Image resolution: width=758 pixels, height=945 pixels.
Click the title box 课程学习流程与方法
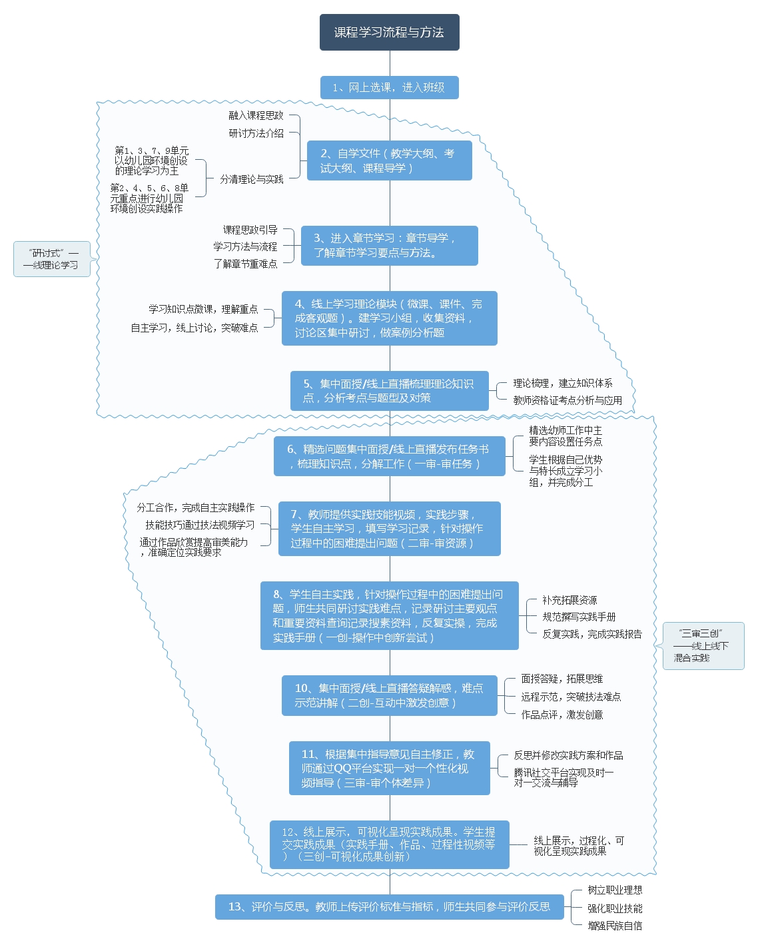pyautogui.click(x=389, y=32)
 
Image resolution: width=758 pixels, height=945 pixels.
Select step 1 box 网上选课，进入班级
pyautogui.click(x=389, y=87)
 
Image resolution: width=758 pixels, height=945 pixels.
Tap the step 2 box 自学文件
pyautogui.click(x=389, y=160)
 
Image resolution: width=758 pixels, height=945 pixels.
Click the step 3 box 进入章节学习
pyautogui.click(x=389, y=245)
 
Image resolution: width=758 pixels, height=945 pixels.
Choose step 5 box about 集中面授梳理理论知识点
pyautogui.click(x=389, y=391)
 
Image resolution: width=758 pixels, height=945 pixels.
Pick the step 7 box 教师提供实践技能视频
pyautogui.click(x=389, y=529)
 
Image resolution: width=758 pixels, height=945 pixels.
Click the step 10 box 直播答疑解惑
pyautogui.click(x=389, y=695)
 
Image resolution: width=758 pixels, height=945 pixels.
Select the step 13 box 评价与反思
pyautogui.click(x=389, y=906)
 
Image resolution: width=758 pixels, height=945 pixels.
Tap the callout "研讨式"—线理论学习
pyautogui.click(x=52, y=259)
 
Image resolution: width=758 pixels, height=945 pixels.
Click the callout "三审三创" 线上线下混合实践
pyautogui.click(x=702, y=646)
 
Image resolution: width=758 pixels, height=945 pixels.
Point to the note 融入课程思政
pyautogui.click(x=256, y=116)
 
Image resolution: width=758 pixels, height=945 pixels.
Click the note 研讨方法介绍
pyautogui.click(x=256, y=133)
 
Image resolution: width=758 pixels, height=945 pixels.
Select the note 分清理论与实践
pyautogui.click(x=252, y=179)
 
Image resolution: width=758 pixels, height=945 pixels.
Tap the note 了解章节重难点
pyautogui.click(x=245, y=264)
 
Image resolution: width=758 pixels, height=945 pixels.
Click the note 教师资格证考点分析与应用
pyautogui.click(x=568, y=400)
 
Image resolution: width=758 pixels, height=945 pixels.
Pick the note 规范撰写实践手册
pyautogui.click(x=579, y=617)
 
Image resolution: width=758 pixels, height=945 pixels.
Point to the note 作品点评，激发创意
pyautogui.click(x=562, y=715)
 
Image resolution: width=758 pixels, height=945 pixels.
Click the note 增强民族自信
pyautogui.click(x=615, y=926)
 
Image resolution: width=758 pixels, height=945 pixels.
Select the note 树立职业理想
pyautogui.click(x=615, y=890)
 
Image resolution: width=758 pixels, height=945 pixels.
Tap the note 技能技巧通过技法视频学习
pyautogui.click(x=200, y=525)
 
